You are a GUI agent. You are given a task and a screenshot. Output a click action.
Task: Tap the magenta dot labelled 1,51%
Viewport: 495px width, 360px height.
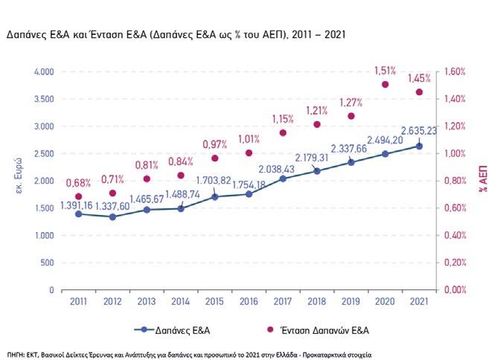(x=386, y=84)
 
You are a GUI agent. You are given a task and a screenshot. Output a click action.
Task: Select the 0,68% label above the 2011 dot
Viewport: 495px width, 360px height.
(x=79, y=183)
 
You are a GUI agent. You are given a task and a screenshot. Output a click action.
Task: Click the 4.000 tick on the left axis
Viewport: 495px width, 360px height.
(x=44, y=72)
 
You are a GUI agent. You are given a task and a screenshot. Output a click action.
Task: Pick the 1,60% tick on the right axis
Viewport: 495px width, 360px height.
(x=456, y=72)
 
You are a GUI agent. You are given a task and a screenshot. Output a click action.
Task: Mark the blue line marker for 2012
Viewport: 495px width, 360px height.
(x=113, y=216)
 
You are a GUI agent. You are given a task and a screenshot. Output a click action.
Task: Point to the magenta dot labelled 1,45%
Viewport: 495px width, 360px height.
(x=419, y=92)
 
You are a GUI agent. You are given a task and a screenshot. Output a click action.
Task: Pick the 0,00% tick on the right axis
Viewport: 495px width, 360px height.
(x=456, y=290)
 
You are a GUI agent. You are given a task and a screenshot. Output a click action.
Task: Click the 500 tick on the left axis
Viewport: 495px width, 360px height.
(x=48, y=263)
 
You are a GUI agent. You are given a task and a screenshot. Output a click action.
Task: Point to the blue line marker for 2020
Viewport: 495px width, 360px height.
(x=386, y=154)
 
